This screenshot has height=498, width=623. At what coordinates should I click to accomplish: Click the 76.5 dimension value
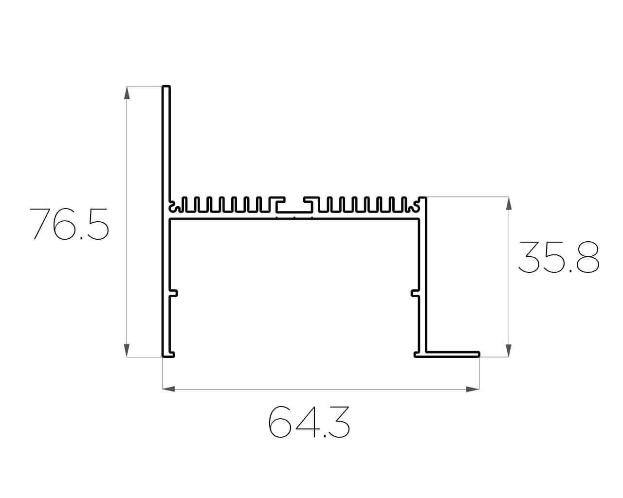[x=69, y=224]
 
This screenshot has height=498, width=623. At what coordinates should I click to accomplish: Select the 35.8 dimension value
[x=558, y=257]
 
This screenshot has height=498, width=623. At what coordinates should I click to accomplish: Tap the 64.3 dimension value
[x=309, y=422]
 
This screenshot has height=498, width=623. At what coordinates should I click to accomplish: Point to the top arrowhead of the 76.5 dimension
[x=127, y=93]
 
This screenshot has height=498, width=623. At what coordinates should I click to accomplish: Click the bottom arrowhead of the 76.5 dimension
[x=127, y=351]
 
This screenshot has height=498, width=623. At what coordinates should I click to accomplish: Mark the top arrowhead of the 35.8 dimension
[x=509, y=203]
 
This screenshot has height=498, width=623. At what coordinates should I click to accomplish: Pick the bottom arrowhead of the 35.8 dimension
[x=509, y=351]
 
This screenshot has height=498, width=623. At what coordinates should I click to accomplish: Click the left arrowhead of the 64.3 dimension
[x=169, y=389]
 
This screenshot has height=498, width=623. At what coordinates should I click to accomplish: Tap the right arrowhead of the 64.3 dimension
[x=473, y=389]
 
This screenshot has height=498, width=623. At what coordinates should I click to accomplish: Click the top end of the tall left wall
[x=166, y=86]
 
